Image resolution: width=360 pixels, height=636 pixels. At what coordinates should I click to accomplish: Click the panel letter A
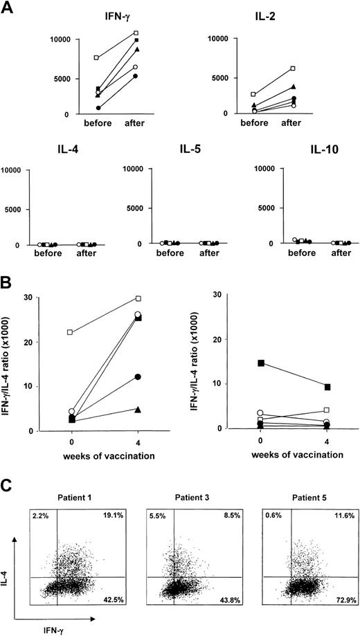8,6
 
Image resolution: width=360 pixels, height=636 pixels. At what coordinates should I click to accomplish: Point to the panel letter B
8,265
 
